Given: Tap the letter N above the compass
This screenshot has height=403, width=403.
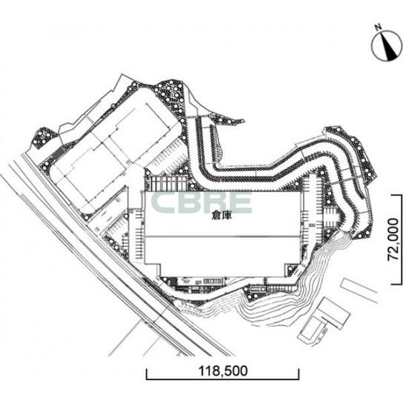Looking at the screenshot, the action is pyautogui.click(x=378, y=27).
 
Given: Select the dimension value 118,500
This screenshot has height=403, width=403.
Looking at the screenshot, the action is pyautogui.click(x=223, y=371).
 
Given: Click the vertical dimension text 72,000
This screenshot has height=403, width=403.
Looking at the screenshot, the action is pyautogui.click(x=393, y=239).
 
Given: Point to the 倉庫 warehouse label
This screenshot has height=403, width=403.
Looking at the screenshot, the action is pyautogui.click(x=222, y=216).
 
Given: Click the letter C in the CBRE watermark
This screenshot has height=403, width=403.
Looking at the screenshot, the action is pyautogui.click(x=163, y=202).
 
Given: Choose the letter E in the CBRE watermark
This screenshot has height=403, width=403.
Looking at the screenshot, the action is pyautogui.click(x=239, y=202).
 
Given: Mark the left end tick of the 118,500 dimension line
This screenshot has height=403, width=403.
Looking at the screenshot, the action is pyautogui.click(x=147, y=374).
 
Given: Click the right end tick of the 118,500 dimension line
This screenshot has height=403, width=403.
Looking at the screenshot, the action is pyautogui.click(x=299, y=374).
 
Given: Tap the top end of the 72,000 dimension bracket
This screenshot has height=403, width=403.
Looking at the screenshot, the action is pyautogui.click(x=396, y=195).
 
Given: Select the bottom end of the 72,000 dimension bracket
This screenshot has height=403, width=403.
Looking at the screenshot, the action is pyautogui.click(x=396, y=284).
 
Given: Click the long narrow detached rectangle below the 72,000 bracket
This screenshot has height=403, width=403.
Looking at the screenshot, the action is pyautogui.click(x=359, y=290).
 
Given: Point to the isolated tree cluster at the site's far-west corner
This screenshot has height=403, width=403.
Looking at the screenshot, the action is pyautogui.click(x=44, y=138).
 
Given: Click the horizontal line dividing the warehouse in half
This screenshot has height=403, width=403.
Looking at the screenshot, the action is pyautogui.click(x=222, y=236).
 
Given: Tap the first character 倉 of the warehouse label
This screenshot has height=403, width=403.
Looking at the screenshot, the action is pyautogui.click(x=216, y=216).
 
